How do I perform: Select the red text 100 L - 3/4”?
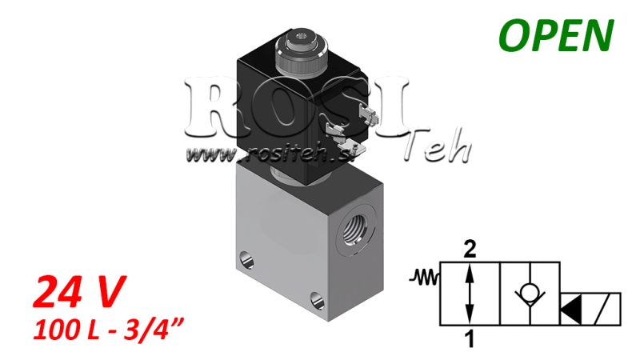click(x=104, y=328)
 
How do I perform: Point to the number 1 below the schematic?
click(x=470, y=339)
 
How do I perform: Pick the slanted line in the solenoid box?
click(x=608, y=308)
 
